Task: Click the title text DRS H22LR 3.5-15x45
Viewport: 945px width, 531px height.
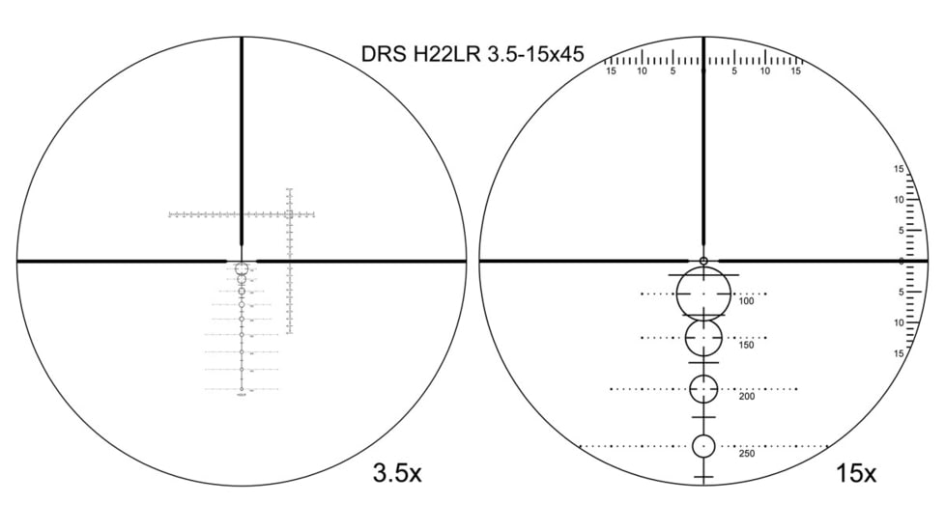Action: (x=472, y=53)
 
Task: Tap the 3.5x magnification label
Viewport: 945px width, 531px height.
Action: (x=396, y=473)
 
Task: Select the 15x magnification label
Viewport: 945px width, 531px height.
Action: (x=855, y=473)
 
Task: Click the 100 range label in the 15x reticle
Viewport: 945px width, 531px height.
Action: (x=746, y=301)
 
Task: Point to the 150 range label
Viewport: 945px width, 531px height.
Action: (x=746, y=345)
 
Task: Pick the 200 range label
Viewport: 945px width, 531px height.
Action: (x=746, y=397)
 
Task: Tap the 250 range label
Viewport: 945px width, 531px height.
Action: (x=746, y=453)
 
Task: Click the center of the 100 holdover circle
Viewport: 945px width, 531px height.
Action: (x=703, y=293)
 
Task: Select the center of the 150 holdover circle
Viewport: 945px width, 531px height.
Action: (x=703, y=338)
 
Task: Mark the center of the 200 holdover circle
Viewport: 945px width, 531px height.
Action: (x=703, y=389)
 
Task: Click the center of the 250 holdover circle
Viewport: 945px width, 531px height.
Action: (x=703, y=446)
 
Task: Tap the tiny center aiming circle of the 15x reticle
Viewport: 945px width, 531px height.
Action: (x=703, y=261)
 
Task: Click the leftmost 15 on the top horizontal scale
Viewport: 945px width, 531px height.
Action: (x=611, y=70)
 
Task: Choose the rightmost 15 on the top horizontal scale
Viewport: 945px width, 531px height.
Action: (x=796, y=70)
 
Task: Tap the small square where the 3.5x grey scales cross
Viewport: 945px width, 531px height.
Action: (x=289, y=214)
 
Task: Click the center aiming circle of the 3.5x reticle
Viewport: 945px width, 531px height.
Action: (x=242, y=267)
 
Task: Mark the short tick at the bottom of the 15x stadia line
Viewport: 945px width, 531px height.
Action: (x=703, y=477)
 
